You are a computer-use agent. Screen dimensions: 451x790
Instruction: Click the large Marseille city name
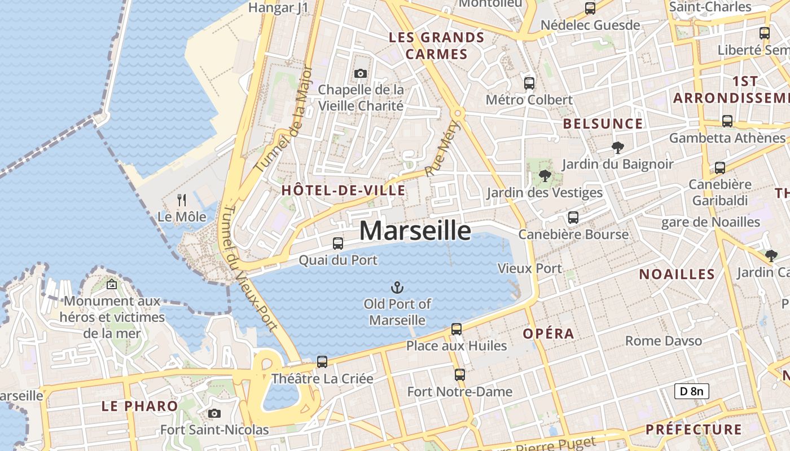[x=415, y=231]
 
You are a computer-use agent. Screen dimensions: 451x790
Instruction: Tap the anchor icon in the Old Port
[x=397, y=287]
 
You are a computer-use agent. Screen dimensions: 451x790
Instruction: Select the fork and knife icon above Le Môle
[x=182, y=200]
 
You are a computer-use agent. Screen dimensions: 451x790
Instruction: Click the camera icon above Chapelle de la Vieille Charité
[x=360, y=73]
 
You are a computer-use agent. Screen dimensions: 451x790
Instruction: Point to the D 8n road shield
[x=691, y=391]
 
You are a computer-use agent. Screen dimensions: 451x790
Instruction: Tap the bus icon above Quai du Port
[x=337, y=243]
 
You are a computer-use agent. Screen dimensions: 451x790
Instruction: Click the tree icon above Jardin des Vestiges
[x=545, y=176]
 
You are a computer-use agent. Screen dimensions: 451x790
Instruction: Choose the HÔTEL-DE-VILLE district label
[x=343, y=191]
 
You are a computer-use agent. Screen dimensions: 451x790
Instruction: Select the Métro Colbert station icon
[x=529, y=83]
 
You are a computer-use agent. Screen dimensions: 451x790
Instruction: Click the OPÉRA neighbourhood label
[x=548, y=334]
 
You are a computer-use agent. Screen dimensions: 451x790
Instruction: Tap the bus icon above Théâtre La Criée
[x=322, y=361]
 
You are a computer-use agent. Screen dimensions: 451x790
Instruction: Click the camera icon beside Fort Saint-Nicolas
[x=214, y=413]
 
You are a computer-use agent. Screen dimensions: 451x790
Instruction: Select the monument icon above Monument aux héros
[x=112, y=284]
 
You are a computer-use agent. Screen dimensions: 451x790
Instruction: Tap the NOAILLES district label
[x=677, y=275]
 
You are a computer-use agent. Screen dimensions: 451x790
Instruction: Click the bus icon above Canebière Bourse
[x=573, y=217]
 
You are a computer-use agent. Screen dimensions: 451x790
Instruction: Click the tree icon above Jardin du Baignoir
[x=617, y=148]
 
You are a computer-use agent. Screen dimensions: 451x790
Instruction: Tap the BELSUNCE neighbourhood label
[x=603, y=124]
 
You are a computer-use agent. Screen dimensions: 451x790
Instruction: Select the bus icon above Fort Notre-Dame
[x=459, y=374]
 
